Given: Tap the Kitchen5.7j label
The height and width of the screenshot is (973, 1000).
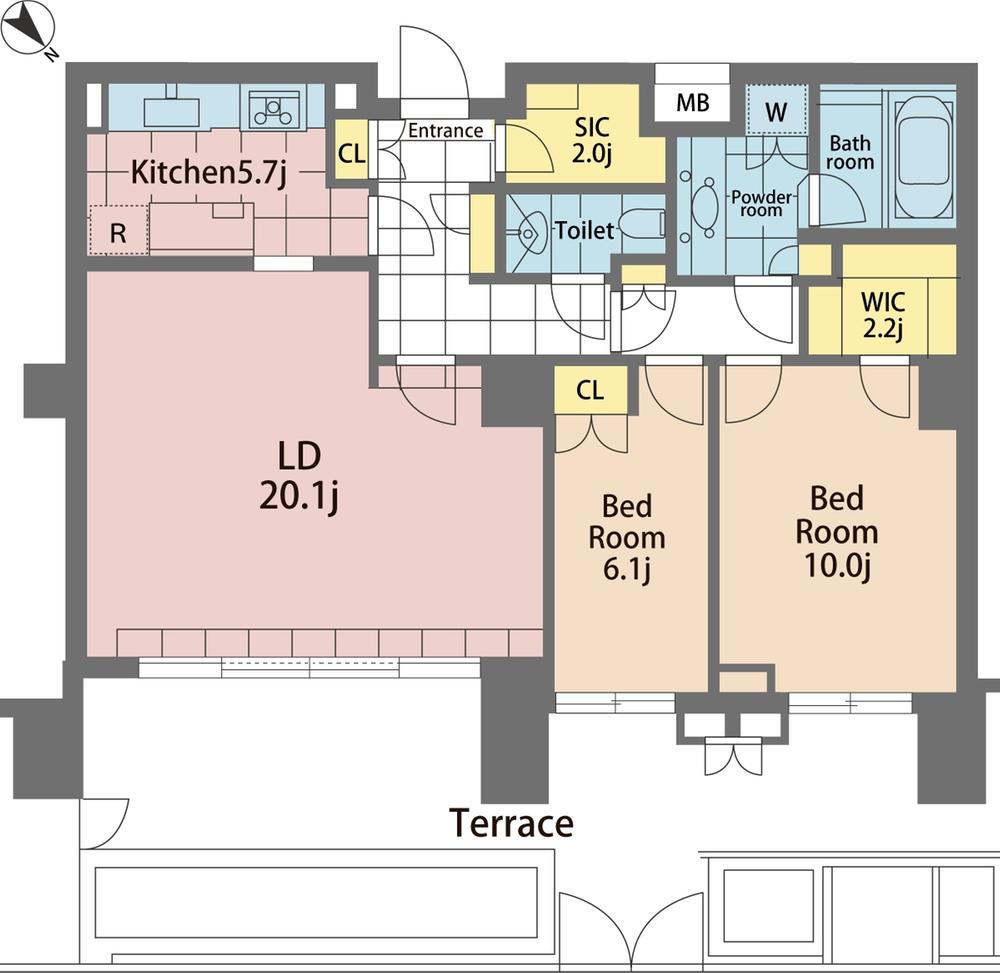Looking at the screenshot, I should [x=209, y=173].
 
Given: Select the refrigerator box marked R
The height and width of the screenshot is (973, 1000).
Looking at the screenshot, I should [x=118, y=232].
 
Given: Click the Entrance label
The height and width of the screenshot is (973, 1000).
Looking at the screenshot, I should [x=445, y=130].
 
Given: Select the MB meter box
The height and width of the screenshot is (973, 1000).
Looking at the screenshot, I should [x=692, y=102].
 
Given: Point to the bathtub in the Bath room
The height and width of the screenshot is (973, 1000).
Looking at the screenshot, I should [x=923, y=155].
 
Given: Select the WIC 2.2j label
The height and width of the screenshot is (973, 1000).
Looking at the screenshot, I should [x=882, y=312].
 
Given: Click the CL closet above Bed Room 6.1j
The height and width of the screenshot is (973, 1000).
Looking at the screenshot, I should [x=591, y=390].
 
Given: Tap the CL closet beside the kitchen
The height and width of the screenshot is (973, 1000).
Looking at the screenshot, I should [x=350, y=153].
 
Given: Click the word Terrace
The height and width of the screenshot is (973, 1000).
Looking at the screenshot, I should [x=511, y=823].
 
